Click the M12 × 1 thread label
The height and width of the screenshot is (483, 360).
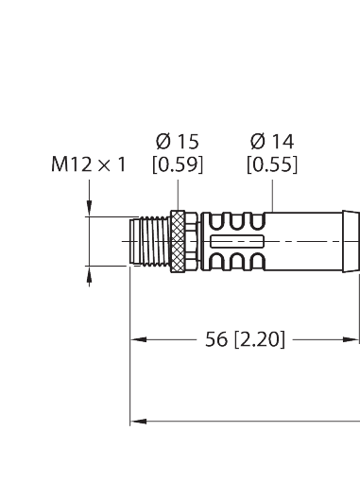tap(89, 166)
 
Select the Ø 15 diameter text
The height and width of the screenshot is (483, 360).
tap(177, 143)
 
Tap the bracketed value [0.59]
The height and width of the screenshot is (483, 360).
tap(177, 166)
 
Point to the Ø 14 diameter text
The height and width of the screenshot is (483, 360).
tap(272, 143)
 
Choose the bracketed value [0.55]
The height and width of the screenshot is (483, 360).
tap(272, 166)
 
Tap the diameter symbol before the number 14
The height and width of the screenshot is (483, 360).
tap(256, 143)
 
